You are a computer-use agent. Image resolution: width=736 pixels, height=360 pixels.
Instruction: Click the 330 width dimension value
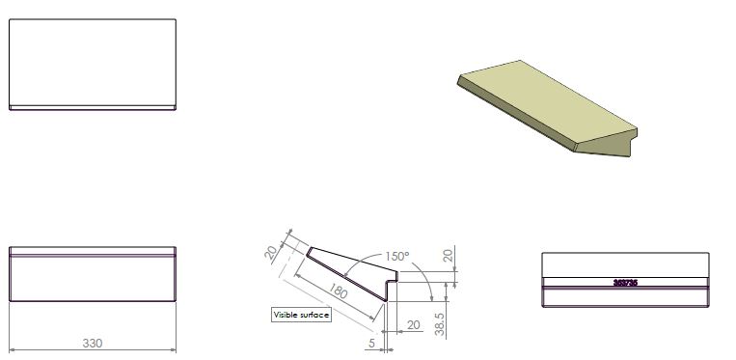[x=93, y=343]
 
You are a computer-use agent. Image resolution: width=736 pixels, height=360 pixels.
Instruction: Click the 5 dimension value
[x=371, y=342]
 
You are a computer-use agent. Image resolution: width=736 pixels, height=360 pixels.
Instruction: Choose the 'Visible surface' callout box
[x=301, y=316]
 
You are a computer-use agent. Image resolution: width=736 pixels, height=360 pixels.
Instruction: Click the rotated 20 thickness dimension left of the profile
[x=271, y=253]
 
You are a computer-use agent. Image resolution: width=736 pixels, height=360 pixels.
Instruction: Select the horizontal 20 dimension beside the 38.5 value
[x=413, y=325]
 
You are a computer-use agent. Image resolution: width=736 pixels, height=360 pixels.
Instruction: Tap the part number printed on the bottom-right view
[x=625, y=283]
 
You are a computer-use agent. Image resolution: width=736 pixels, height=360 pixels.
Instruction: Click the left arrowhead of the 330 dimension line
[x=13, y=349]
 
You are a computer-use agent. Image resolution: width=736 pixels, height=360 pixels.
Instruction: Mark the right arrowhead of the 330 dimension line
[x=174, y=349]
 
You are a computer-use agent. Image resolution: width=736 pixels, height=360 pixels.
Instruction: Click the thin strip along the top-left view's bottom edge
[x=93, y=107]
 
